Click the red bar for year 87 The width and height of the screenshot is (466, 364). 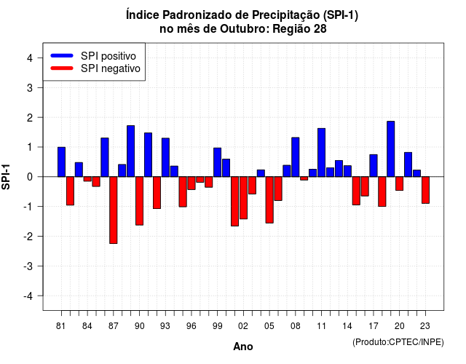[114, 210]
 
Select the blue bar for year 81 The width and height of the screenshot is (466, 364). [61, 162]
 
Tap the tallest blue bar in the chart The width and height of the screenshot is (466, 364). [391, 149]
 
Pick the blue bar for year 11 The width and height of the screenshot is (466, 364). [321, 152]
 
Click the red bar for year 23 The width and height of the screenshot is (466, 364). [425, 190]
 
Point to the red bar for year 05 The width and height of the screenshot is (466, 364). [269, 200]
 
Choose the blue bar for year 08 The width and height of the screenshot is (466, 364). [296, 157]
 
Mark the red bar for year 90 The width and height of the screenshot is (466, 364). [139, 201]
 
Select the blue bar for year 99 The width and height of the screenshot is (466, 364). [217, 162]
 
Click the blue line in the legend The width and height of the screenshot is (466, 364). [62, 55]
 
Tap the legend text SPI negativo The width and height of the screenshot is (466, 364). [111, 68]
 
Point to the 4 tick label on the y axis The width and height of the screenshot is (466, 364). [30, 58]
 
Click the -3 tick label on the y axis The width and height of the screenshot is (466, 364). [28, 266]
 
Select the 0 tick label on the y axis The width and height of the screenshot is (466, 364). [30, 177]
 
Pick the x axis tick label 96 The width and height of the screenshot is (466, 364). [191, 326]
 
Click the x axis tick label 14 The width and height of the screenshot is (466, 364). [347, 326]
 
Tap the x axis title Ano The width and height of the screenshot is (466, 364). [243, 347]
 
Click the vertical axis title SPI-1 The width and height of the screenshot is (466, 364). [6, 177]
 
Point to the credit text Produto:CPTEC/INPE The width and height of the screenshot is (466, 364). [398, 342]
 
